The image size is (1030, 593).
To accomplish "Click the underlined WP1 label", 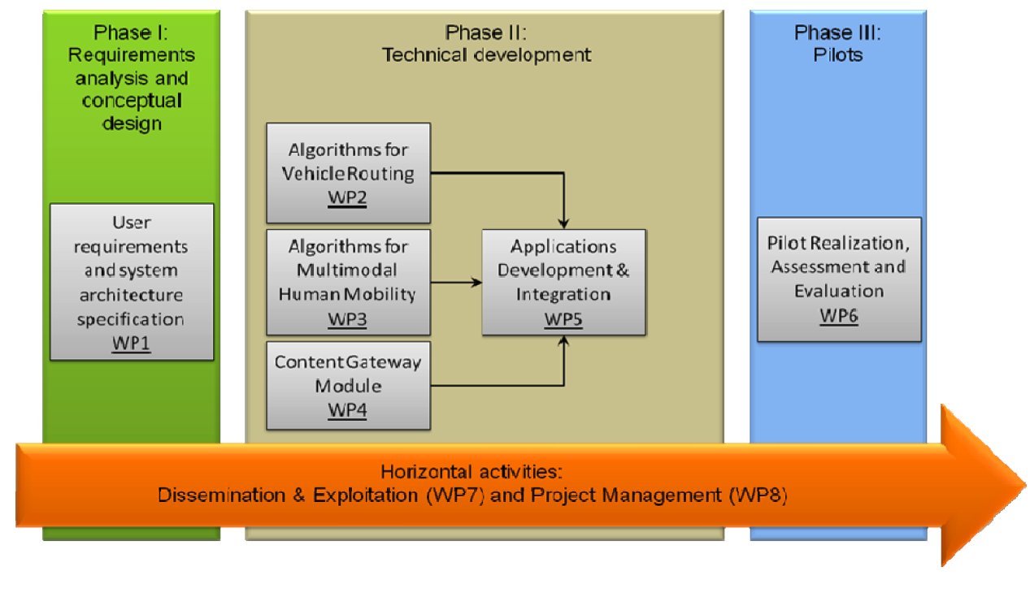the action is (131, 343).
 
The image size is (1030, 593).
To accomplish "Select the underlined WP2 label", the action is (347, 198).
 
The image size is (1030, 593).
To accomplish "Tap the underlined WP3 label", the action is (347, 319).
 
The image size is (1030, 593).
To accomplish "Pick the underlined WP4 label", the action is (347, 409).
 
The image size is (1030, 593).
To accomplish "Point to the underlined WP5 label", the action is (563, 319).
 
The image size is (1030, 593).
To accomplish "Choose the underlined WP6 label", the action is (839, 315).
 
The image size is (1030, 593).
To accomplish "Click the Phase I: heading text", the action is (131, 32).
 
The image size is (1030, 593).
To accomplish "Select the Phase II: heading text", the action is (485, 32).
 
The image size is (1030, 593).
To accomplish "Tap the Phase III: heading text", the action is (838, 32).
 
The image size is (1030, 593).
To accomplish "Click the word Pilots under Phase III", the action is (838, 55).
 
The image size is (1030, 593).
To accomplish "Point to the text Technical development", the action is (486, 55).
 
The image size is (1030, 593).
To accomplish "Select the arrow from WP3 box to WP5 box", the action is (456, 282).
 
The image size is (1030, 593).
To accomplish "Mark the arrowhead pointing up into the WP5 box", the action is (563, 341).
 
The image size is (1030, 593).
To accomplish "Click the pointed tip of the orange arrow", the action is (1025, 485).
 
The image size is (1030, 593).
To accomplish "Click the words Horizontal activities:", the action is (472, 472).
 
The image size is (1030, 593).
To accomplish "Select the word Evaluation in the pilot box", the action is (839, 291).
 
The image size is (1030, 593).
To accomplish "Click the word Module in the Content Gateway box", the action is (348, 386).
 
